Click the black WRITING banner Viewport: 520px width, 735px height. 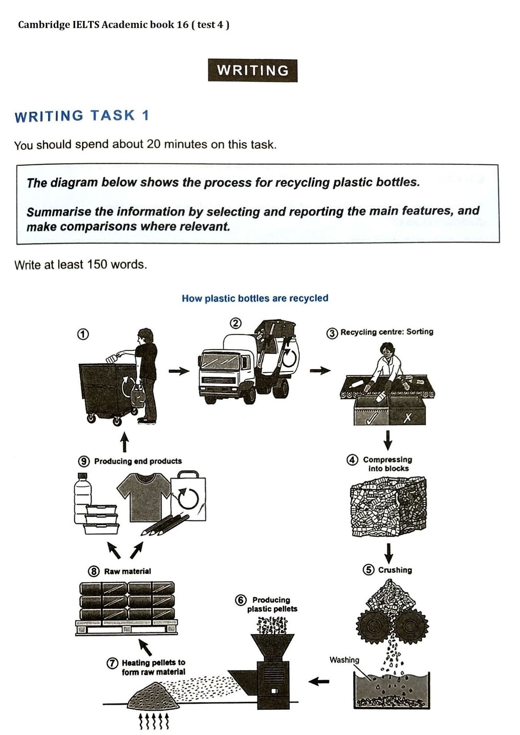253,71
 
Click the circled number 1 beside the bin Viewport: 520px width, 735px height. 83,334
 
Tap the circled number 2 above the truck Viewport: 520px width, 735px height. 235,323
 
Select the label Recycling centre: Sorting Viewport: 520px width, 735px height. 387,332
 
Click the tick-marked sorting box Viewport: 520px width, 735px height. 371,413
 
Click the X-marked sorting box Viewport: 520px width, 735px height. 407,414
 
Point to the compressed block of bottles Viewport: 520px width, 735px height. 388,507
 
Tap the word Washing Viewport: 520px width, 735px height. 344,660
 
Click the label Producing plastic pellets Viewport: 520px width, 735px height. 272,604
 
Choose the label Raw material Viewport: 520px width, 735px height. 127,571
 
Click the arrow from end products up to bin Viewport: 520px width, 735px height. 125,442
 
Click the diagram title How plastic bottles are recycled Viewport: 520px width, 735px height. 255,298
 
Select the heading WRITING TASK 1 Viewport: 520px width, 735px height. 82,116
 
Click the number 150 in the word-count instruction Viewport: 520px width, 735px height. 99,264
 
